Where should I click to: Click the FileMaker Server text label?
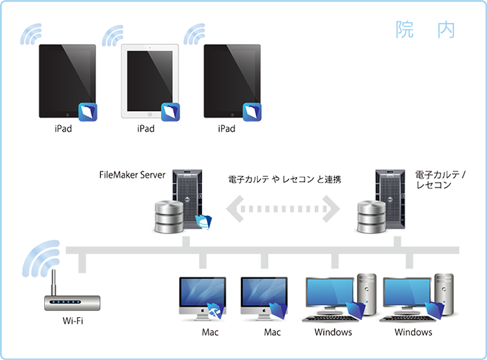(x=134, y=176)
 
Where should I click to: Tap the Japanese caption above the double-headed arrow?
(x=285, y=177)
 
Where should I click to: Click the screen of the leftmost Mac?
(x=202, y=292)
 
